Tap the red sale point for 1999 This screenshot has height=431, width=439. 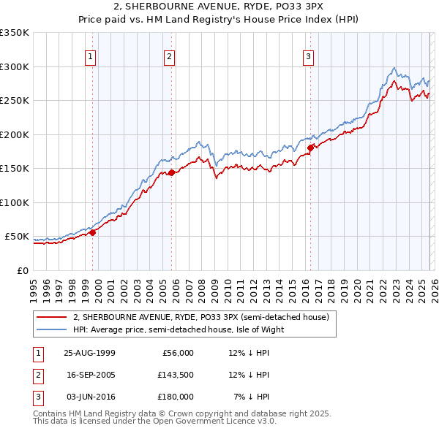tap(93, 232)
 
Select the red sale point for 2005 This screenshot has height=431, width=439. tap(171, 173)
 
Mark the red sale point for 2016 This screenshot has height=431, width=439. tap(310, 148)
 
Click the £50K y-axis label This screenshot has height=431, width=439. tap(18, 237)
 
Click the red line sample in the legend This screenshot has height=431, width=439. tap(53, 317)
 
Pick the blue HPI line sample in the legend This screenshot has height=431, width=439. tap(53, 329)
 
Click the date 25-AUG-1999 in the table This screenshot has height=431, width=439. tap(89, 353)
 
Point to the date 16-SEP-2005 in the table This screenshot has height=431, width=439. tap(89, 375)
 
